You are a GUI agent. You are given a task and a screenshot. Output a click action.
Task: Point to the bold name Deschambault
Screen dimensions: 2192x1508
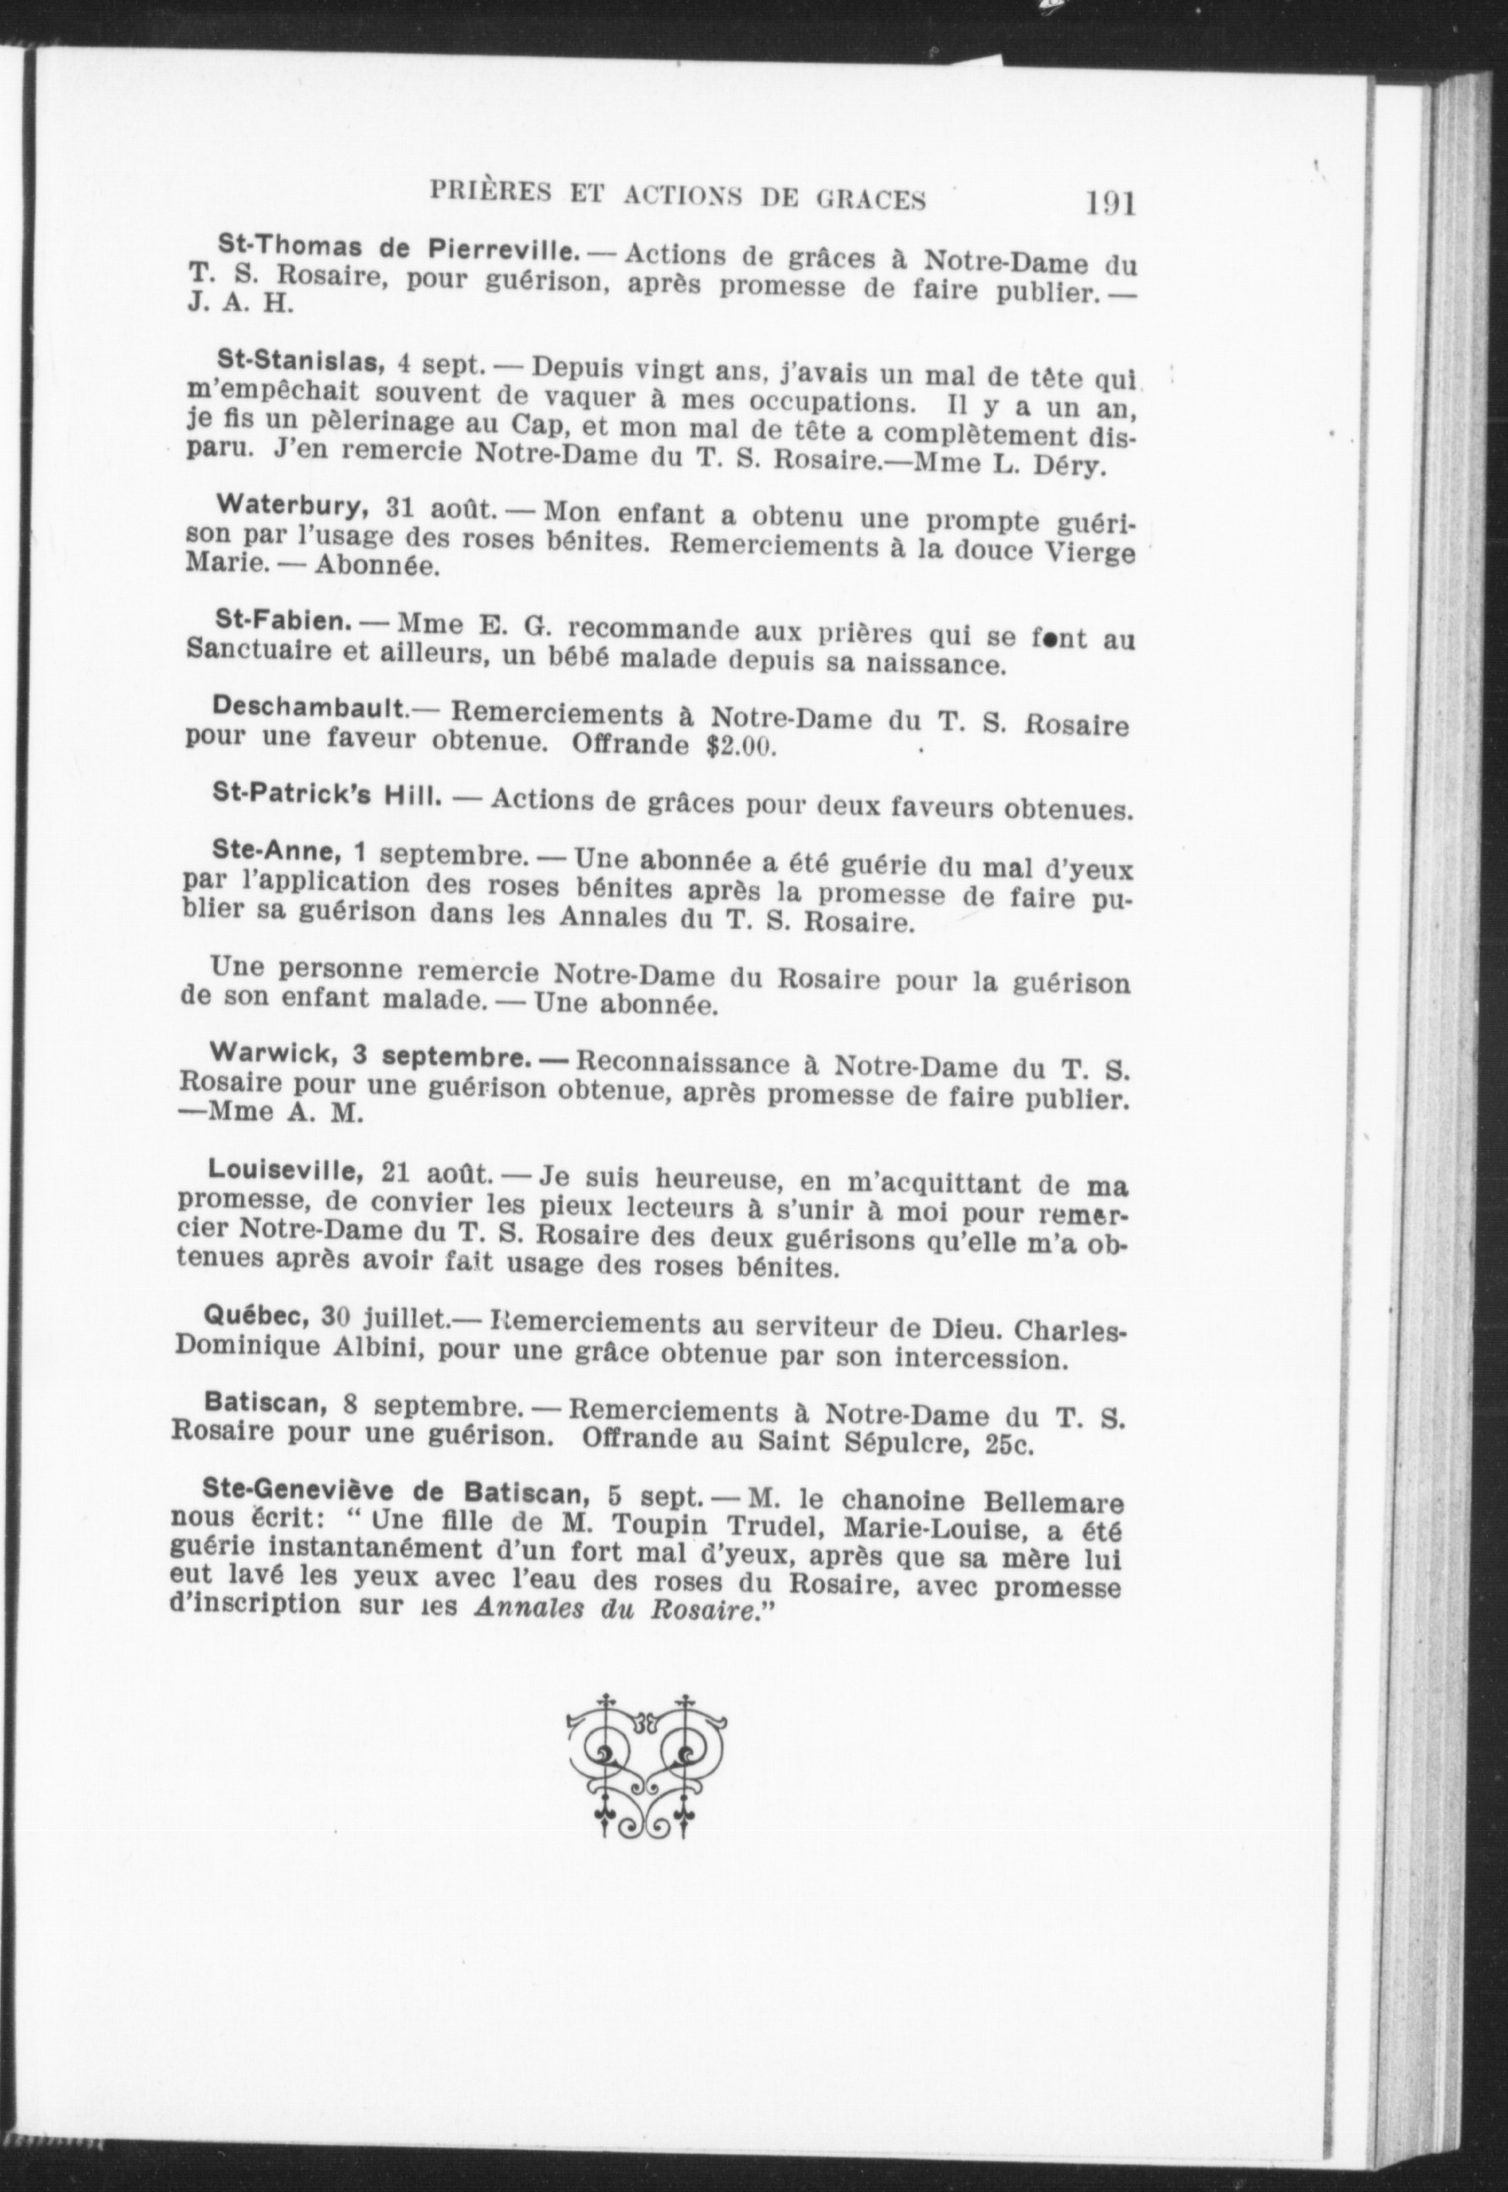tap(310, 707)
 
